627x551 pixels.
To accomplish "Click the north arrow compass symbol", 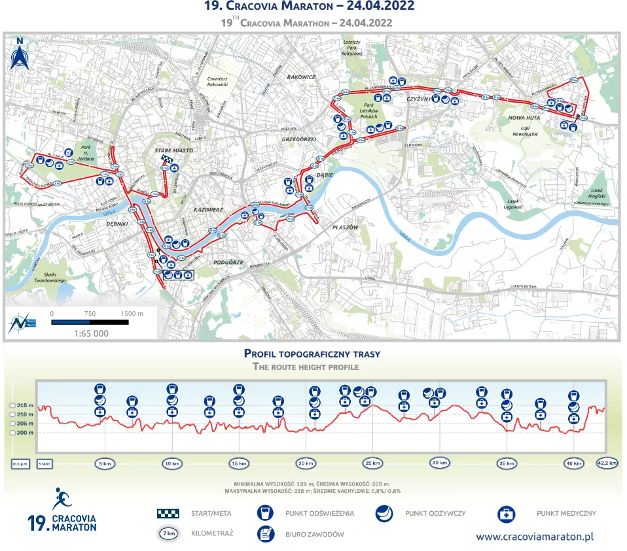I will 20,56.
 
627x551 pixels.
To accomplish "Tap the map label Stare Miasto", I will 168,150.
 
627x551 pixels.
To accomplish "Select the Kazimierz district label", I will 209,210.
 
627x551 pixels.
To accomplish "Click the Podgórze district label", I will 229,262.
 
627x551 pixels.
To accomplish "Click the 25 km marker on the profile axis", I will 372,463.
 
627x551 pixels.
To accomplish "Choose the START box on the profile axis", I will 45,463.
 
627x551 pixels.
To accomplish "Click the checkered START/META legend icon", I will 168,514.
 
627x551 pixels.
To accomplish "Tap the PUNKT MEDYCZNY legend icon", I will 507,514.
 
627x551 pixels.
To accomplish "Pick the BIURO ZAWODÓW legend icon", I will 266,534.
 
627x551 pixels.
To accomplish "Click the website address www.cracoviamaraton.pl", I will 535,536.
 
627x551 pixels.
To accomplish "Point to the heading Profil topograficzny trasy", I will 312,354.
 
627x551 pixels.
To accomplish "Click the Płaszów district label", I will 345,227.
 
